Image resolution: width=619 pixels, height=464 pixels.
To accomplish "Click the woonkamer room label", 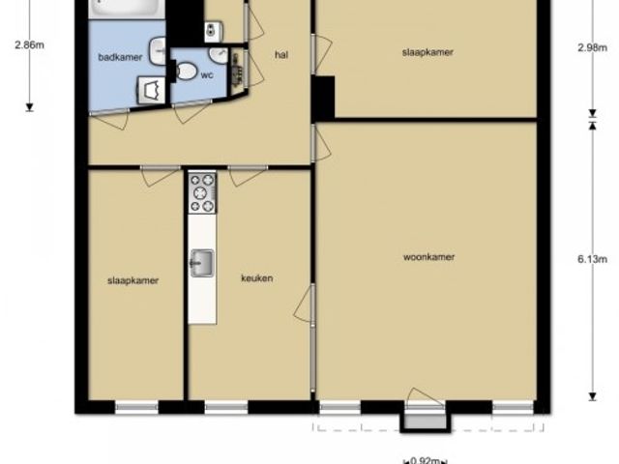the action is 428,257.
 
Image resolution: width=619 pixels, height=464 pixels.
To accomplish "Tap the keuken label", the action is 257,278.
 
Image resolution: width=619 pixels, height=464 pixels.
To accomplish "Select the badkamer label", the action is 120,57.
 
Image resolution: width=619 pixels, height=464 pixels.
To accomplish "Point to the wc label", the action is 207,75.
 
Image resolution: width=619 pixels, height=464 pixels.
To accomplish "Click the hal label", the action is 281,55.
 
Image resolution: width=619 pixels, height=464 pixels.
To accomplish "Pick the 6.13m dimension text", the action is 592,259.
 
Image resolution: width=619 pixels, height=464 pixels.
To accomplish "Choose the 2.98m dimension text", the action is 592,47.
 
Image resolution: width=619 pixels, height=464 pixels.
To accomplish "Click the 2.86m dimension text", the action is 30,45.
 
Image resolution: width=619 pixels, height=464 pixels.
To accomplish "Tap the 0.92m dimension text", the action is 426,460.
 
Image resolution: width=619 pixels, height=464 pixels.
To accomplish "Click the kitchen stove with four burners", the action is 202,193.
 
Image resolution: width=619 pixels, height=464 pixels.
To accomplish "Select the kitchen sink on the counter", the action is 202,263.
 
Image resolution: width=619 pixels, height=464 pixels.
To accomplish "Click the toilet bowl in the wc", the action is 185,72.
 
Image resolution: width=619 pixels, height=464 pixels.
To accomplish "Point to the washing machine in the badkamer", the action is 152,90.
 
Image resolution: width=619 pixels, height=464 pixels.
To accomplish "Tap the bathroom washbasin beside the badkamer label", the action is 158,50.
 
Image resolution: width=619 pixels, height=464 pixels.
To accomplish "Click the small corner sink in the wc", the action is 219,56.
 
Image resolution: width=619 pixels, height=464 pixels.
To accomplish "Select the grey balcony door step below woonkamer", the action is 426,421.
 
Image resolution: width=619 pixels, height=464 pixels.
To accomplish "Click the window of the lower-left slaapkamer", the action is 136,407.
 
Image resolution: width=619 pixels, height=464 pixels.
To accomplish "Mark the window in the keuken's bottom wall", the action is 226,407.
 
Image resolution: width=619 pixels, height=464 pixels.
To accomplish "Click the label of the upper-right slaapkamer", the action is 427,52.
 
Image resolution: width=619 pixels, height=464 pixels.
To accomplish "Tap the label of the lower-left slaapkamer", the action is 133,280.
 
